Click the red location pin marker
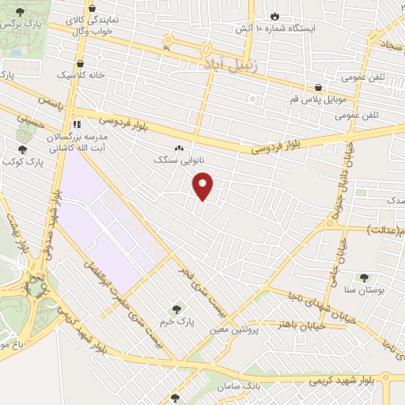[203, 186]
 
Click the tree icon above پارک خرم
[176, 309]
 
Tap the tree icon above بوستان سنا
[364, 278]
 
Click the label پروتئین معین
[234, 327]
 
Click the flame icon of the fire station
[274, 16]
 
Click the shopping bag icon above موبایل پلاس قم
[318, 88]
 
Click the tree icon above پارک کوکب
[22, 149]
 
